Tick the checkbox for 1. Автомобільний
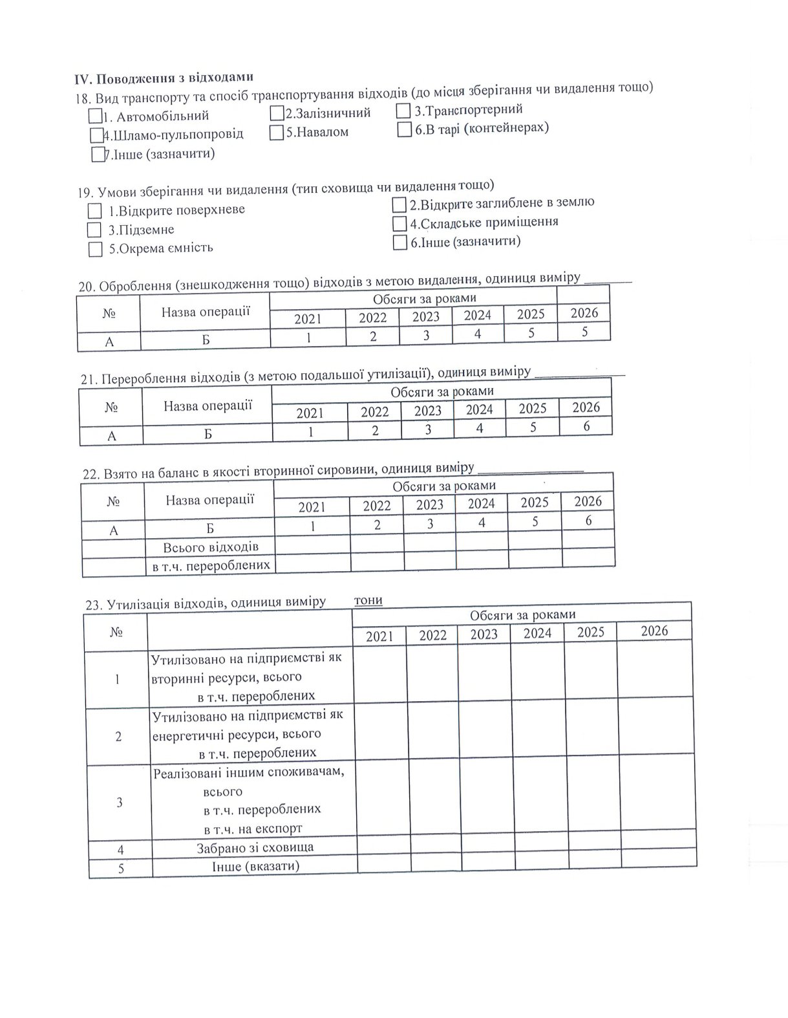96,116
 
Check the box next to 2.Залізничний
278,113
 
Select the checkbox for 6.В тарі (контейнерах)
405,129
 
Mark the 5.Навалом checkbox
277,133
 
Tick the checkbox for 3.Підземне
94,230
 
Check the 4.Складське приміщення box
399,224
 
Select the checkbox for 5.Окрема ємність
96,250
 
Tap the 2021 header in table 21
310,413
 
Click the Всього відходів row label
211,547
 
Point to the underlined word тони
368,600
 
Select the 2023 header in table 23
484,634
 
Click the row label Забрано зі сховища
255,848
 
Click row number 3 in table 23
119,803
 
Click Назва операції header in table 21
208,406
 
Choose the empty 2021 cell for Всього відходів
312,547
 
